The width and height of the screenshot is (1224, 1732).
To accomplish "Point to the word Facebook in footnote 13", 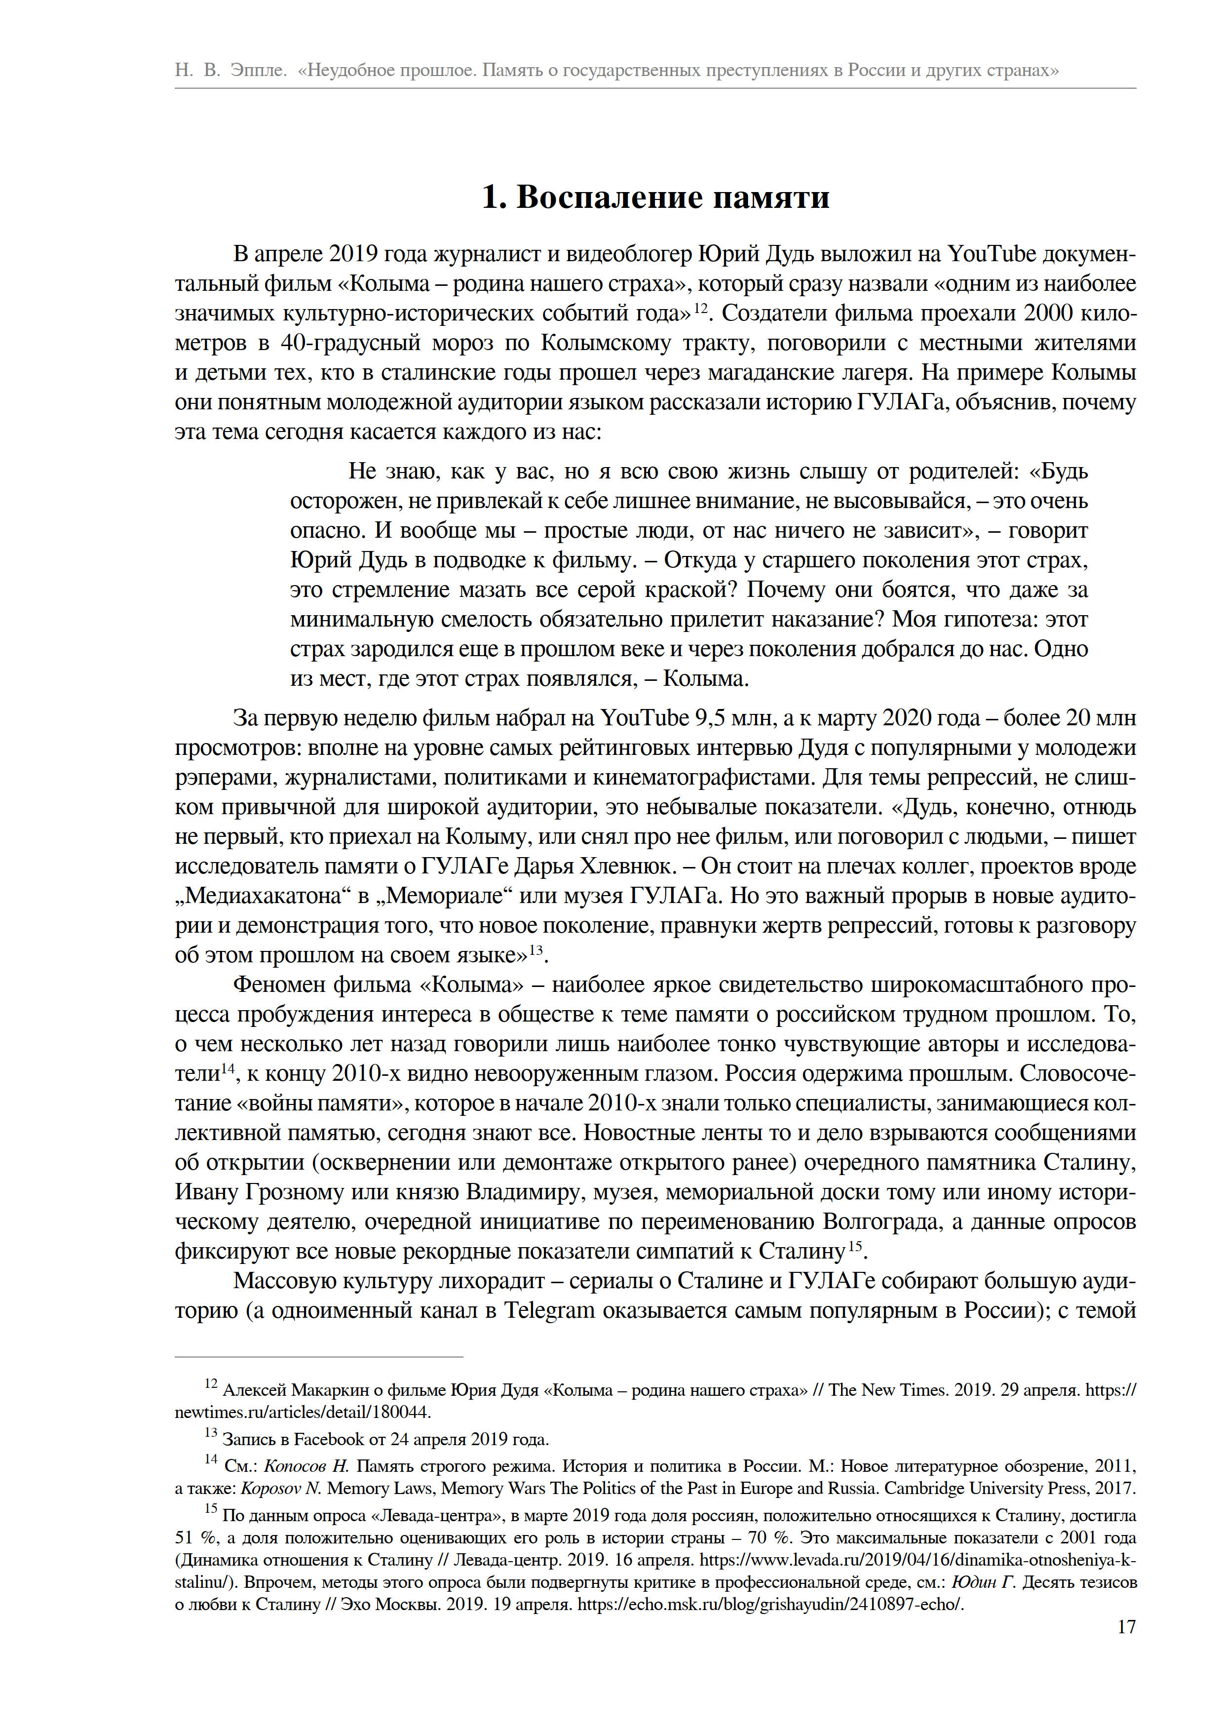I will click(329, 1439).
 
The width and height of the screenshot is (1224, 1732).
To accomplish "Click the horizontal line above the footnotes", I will click(318, 1357).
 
